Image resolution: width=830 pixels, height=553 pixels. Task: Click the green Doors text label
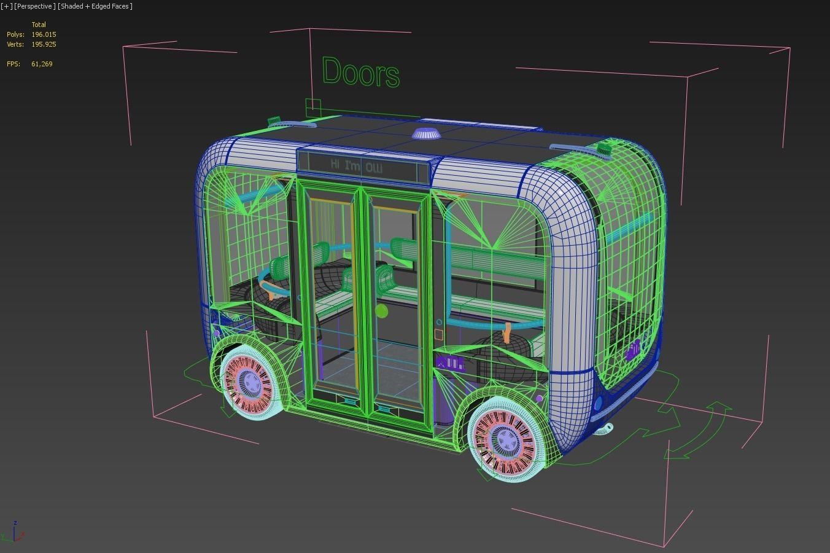360,73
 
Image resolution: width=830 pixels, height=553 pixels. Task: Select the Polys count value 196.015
44,34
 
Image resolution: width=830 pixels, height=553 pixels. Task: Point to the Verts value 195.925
44,44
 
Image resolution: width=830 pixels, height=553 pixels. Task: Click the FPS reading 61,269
42,64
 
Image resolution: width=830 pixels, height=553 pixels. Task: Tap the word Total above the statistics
39,25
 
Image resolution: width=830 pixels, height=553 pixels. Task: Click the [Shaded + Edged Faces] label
95,6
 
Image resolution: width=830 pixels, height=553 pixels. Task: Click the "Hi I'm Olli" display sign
356,165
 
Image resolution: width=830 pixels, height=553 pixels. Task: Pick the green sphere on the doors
381,311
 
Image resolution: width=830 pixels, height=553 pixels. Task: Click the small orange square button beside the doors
438,335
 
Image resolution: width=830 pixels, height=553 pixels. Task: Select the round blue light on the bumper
598,404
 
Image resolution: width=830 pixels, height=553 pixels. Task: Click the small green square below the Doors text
313,104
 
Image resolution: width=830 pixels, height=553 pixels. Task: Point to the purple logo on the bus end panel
632,351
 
